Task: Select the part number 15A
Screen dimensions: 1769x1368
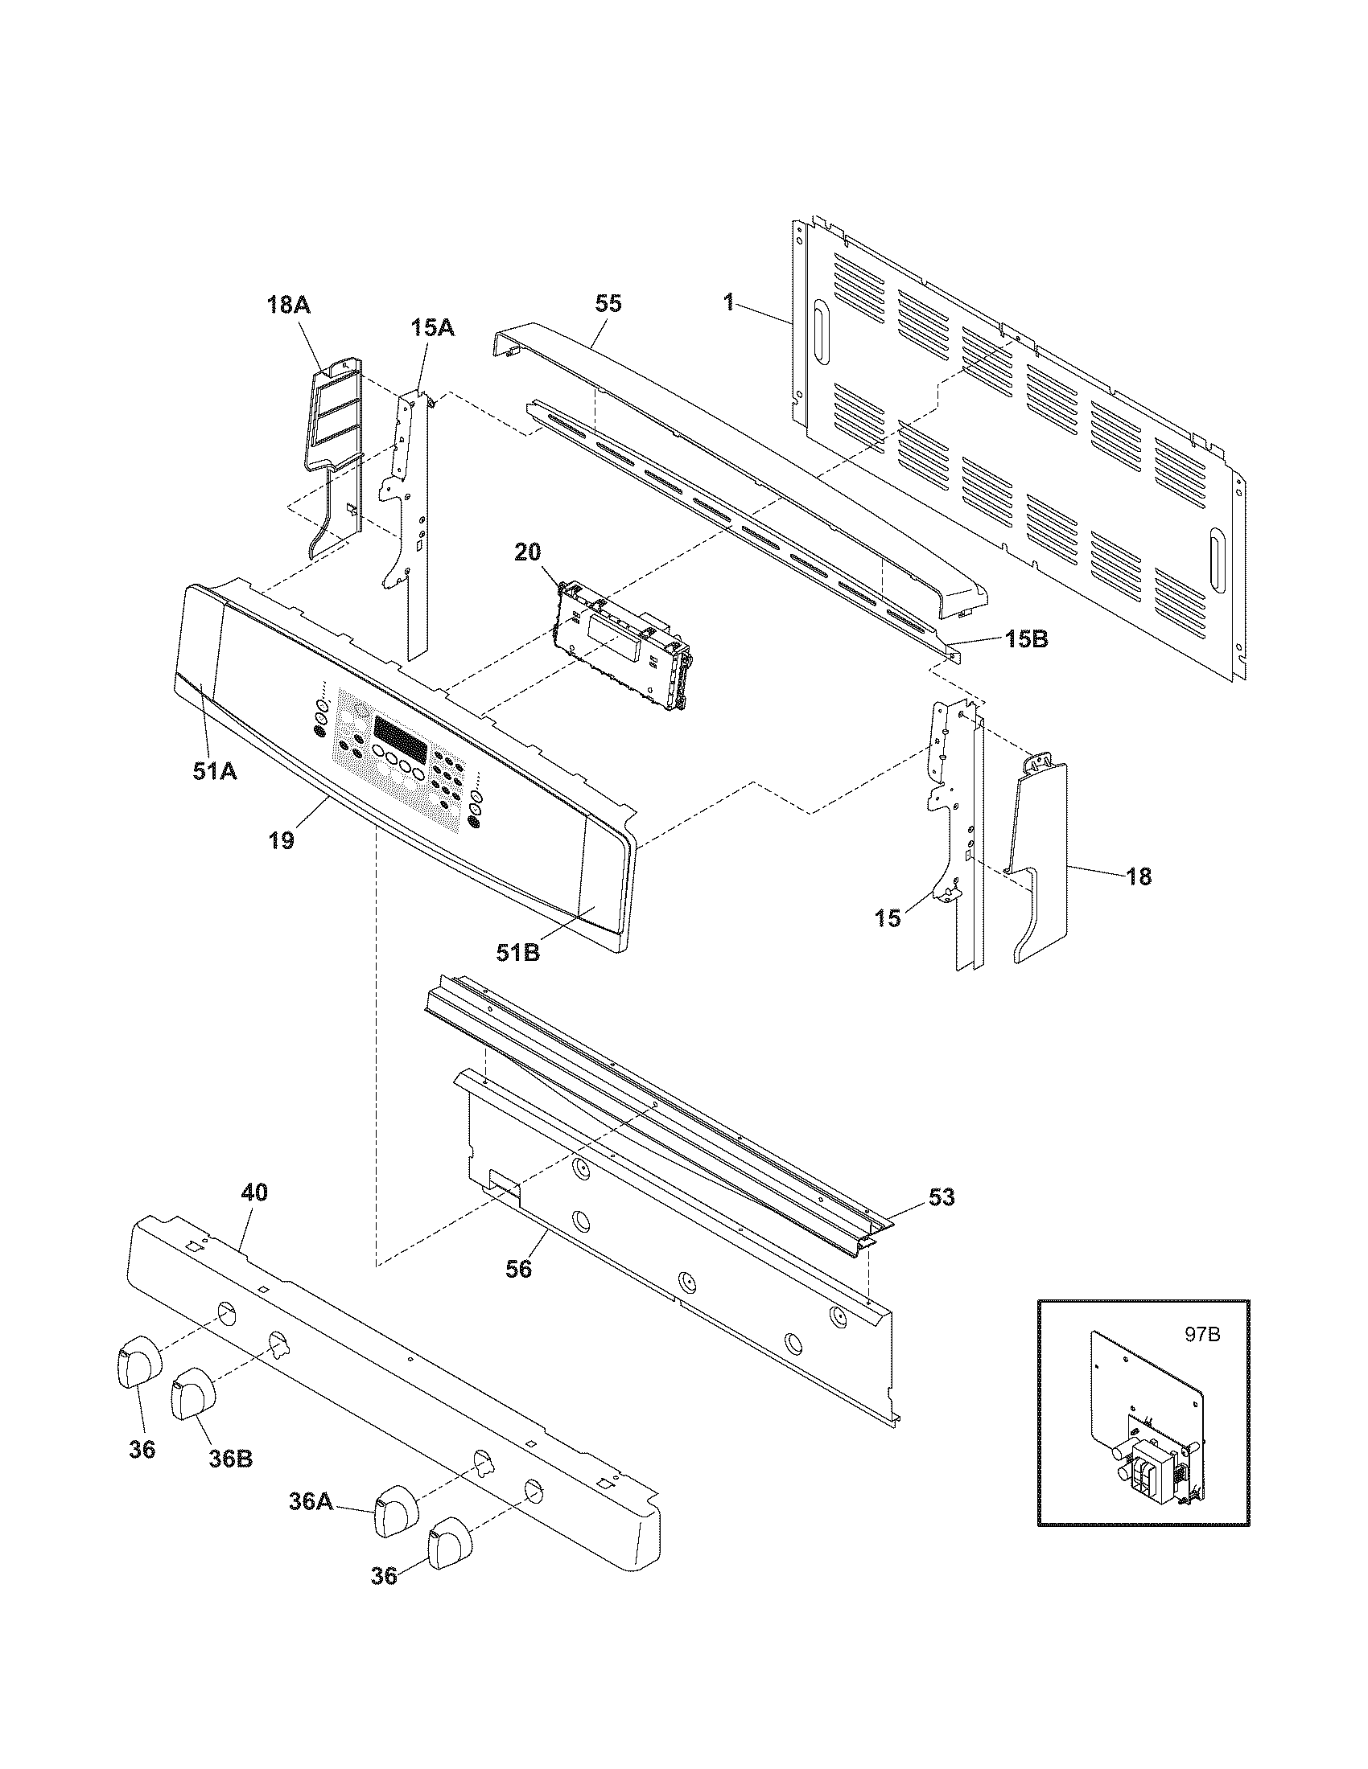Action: click(431, 327)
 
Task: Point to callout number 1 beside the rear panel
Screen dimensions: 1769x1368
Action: click(728, 302)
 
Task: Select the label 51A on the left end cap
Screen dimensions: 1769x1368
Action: click(215, 772)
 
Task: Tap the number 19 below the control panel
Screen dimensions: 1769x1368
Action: click(281, 840)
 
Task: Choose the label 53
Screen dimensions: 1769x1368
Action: click(942, 1196)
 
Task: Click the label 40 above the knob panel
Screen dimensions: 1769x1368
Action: click(253, 1192)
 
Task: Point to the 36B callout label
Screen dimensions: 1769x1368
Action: click(230, 1458)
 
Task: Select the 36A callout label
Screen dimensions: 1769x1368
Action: click(311, 1501)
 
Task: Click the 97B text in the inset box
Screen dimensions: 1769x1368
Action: click(1202, 1335)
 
